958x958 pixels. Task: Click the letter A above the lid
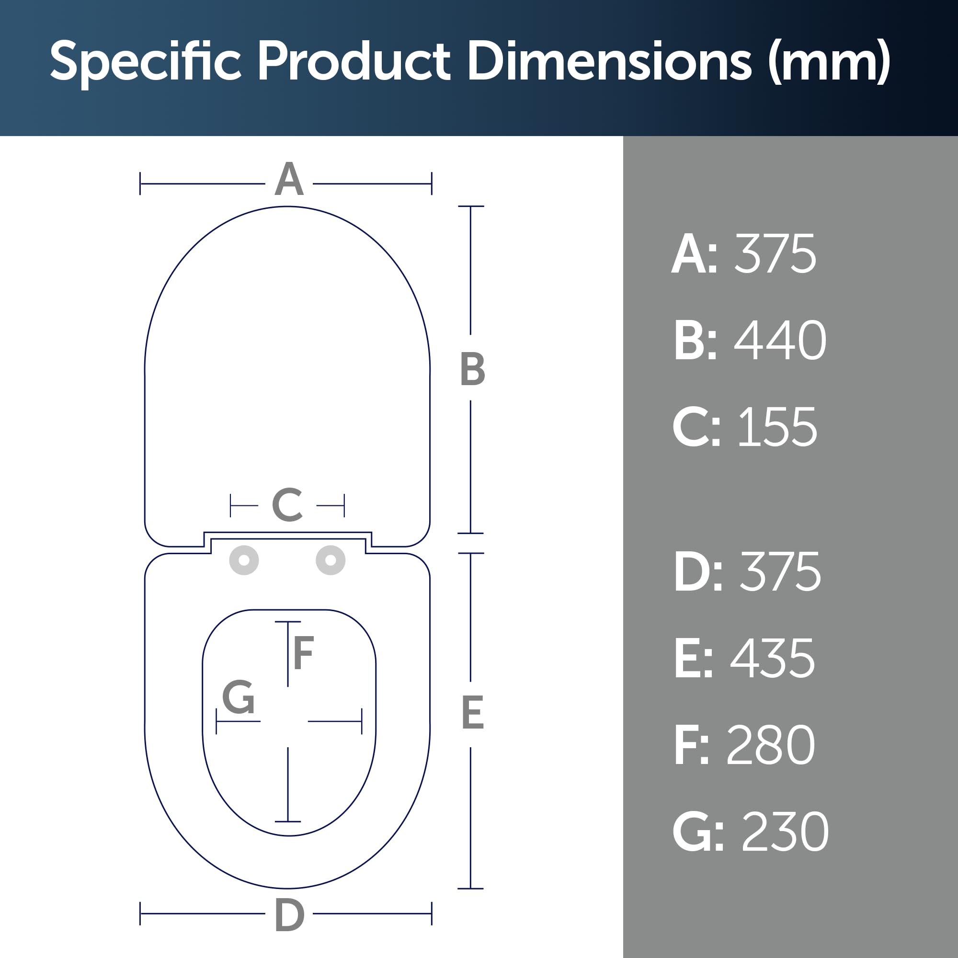pyautogui.click(x=289, y=179)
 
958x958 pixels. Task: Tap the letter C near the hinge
pyautogui.click(x=287, y=504)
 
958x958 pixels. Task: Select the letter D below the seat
pyautogui.click(x=290, y=915)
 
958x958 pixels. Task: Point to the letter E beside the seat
pyautogui.click(x=473, y=713)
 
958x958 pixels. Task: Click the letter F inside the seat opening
pyautogui.click(x=304, y=652)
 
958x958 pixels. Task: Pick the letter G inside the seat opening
pyautogui.click(x=239, y=696)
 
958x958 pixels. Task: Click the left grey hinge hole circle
pyautogui.click(x=244, y=560)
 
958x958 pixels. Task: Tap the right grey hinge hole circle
pyautogui.click(x=331, y=560)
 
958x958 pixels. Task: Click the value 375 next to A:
pyautogui.click(x=775, y=254)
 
